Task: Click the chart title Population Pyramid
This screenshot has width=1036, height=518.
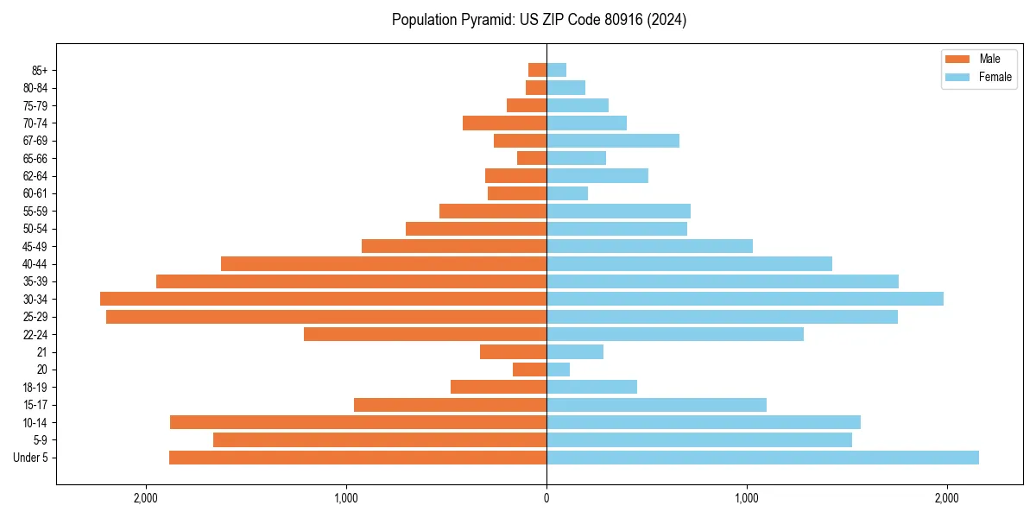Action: point(539,20)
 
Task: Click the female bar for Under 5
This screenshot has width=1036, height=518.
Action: point(762,458)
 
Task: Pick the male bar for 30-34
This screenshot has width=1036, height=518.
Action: point(323,299)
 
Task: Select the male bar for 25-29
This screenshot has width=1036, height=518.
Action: point(326,317)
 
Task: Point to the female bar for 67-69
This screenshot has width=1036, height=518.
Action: point(613,141)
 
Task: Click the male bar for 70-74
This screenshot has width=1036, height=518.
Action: point(504,123)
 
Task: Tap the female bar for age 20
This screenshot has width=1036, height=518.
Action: point(558,370)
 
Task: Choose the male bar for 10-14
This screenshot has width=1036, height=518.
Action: point(358,422)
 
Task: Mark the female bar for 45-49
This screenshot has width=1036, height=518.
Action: point(649,246)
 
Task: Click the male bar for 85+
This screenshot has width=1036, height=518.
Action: point(537,70)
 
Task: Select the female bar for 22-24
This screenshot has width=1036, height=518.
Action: point(675,334)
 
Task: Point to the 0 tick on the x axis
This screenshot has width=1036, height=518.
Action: point(546,498)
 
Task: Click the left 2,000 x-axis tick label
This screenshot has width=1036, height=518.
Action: point(145,498)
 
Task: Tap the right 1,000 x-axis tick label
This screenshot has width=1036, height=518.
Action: point(747,498)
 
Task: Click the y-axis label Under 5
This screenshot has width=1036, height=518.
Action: point(30,458)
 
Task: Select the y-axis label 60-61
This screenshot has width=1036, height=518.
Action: point(35,193)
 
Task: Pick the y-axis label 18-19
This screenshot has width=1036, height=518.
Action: point(35,387)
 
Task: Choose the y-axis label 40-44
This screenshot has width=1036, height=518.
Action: point(35,264)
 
